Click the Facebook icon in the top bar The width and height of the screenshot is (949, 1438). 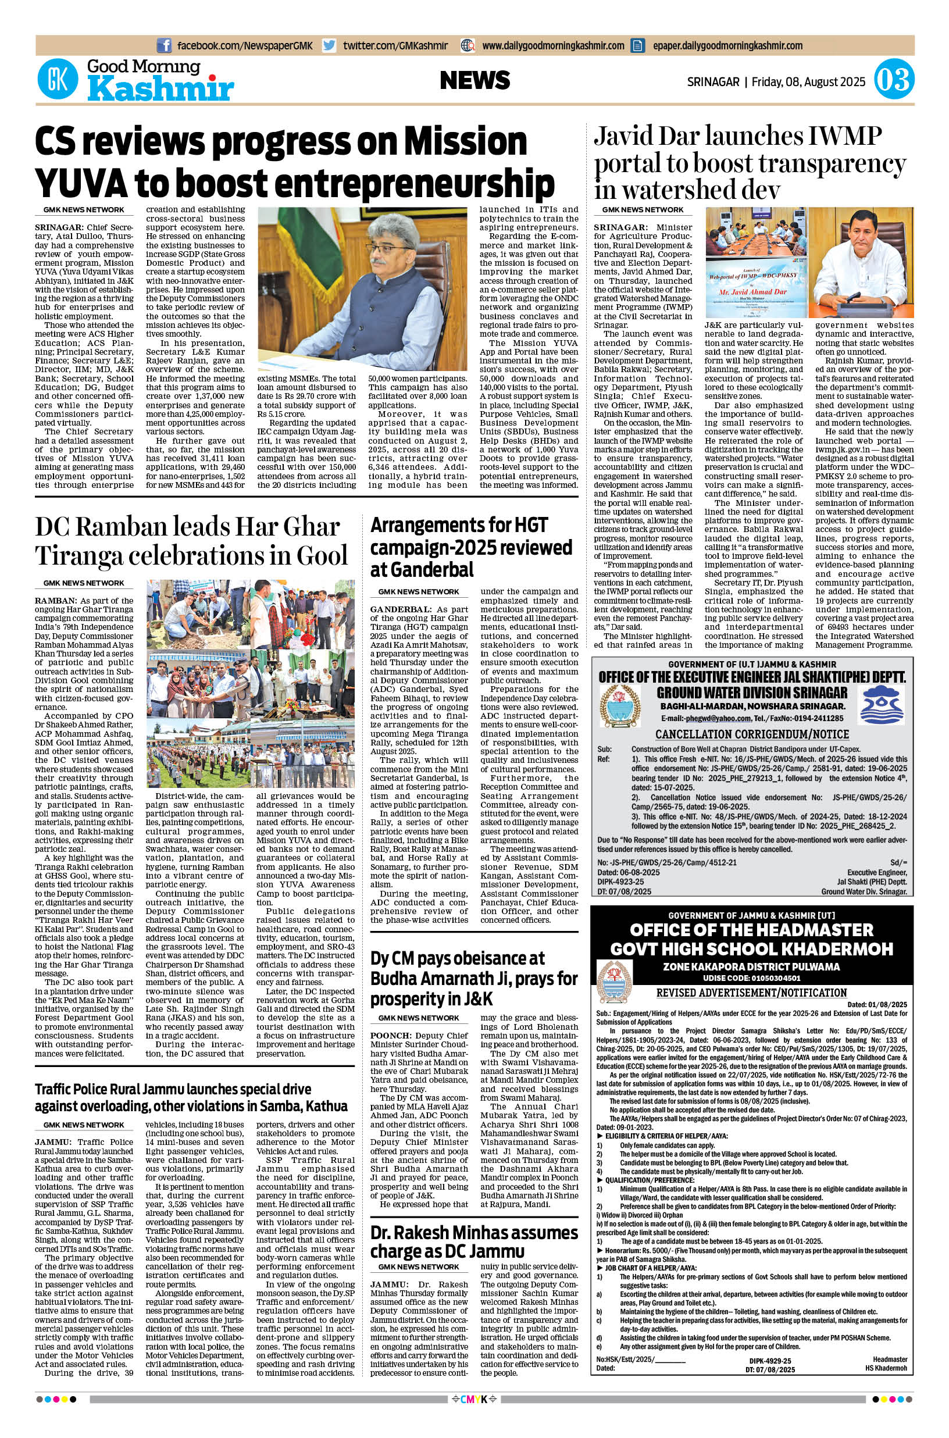tap(163, 45)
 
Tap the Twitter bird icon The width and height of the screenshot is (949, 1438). tap(329, 45)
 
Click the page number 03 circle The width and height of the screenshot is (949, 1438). tap(894, 80)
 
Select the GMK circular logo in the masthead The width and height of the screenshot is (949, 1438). tap(58, 80)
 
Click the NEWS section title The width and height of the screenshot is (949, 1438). tap(475, 80)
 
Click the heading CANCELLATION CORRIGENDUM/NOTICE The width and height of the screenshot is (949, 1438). tap(752, 734)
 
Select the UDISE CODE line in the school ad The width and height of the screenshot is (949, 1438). tap(751, 978)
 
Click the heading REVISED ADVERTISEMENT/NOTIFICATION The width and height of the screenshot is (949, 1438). tap(751, 993)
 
